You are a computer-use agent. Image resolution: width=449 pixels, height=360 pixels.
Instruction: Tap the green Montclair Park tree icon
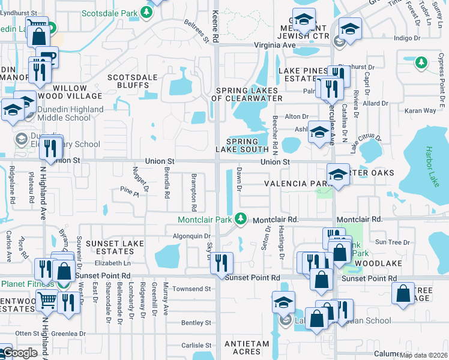(241, 219)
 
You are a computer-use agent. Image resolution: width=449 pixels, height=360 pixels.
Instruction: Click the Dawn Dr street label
(239, 179)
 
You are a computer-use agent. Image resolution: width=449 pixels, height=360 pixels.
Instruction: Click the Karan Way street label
(420, 111)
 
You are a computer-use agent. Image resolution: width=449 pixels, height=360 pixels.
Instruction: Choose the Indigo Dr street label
(406, 38)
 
